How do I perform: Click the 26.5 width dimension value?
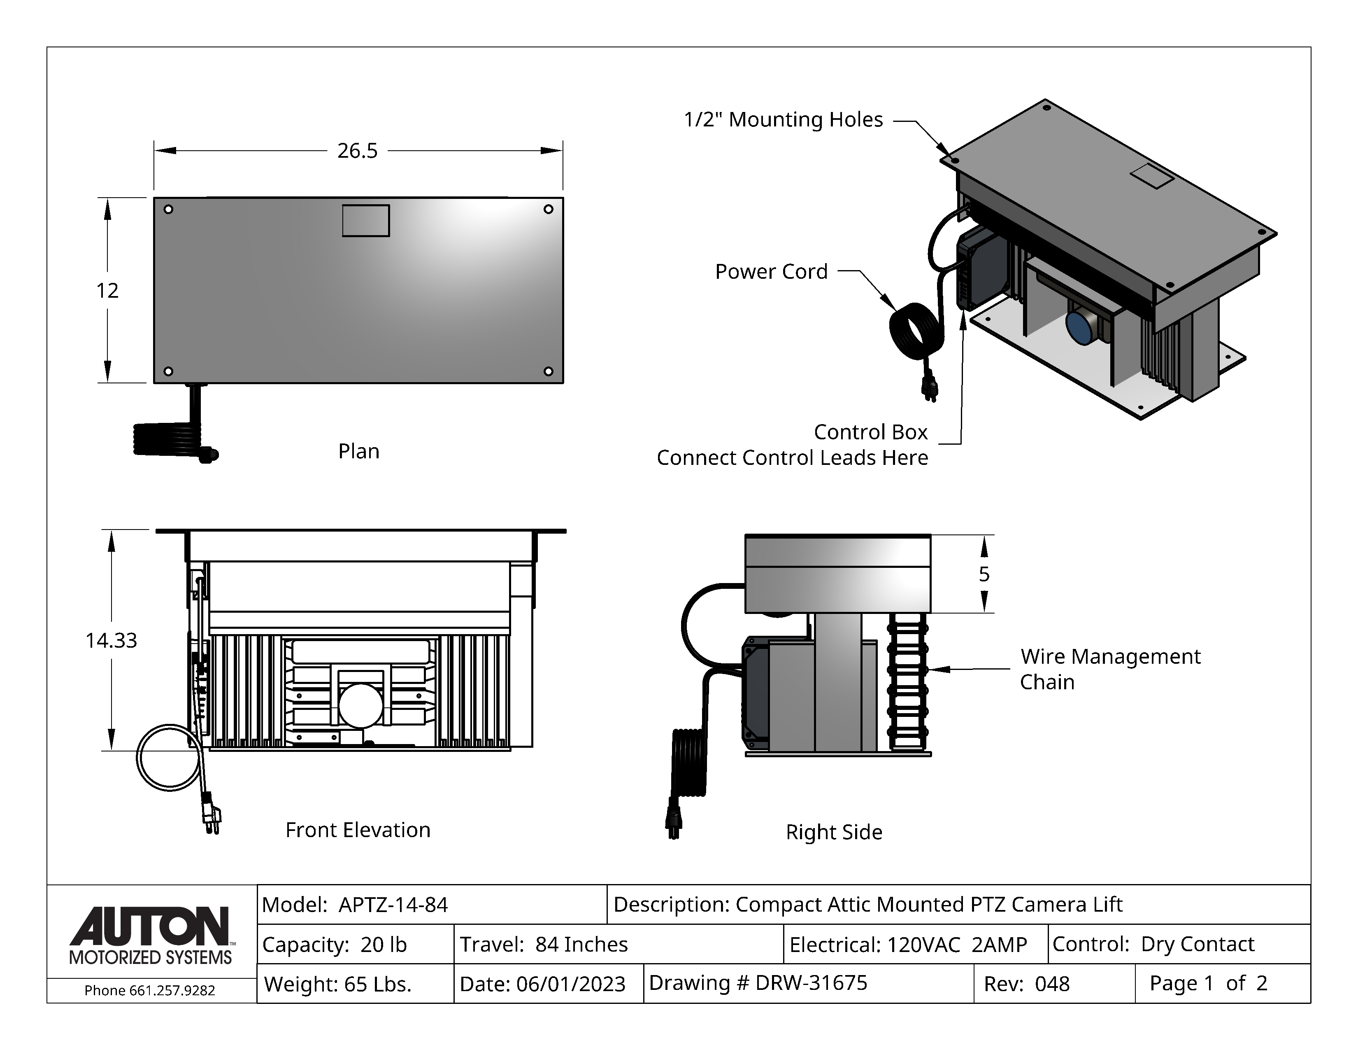click(x=357, y=151)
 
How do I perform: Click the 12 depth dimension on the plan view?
click(x=107, y=290)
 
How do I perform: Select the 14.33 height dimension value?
click(x=111, y=640)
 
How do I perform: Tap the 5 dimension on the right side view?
click(x=984, y=574)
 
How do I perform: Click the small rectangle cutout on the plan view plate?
click(x=365, y=221)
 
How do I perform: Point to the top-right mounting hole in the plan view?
click(x=548, y=209)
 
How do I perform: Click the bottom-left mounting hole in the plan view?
click(x=168, y=371)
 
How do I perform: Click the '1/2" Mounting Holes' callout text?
click(x=783, y=119)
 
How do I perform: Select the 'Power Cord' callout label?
click(x=771, y=271)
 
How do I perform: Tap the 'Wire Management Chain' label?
click(x=1110, y=669)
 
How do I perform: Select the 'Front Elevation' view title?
click(x=358, y=830)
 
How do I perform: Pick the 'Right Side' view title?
click(x=834, y=832)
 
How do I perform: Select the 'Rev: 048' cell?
click(x=1027, y=983)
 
